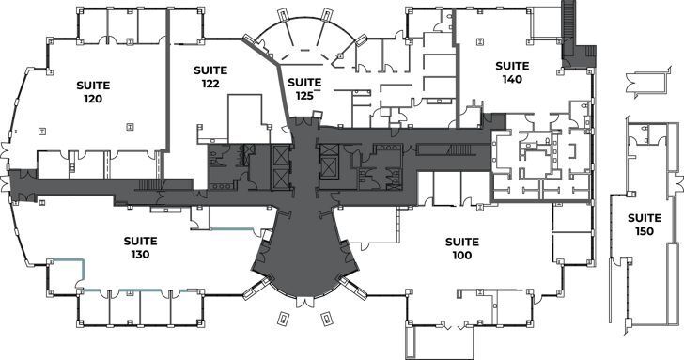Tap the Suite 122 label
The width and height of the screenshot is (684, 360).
(210, 76)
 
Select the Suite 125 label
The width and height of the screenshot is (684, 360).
(304, 87)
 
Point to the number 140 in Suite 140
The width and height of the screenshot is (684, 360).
(512, 79)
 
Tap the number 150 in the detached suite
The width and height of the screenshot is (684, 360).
(645, 231)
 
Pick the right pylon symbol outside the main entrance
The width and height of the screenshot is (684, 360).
(326, 318)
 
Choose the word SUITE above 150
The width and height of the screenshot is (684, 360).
(645, 218)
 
